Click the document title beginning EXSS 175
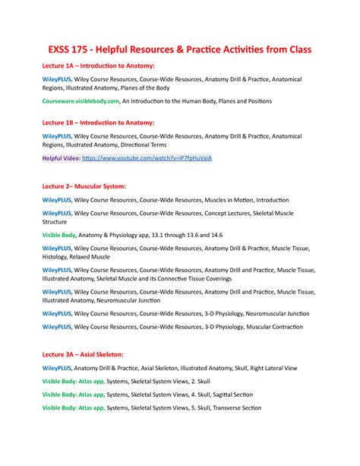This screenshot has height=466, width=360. tap(180, 49)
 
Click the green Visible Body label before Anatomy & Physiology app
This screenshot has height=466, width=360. tap(63, 236)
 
